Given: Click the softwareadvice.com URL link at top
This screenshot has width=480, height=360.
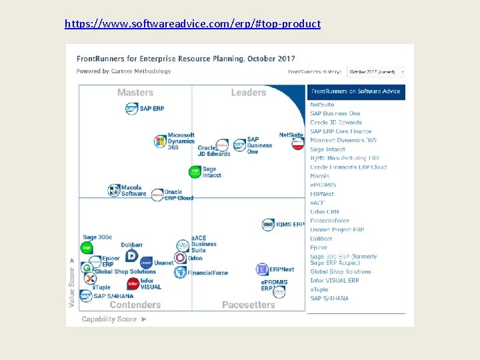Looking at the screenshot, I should [x=193, y=24].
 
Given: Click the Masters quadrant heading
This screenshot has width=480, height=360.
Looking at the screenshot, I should [x=135, y=93].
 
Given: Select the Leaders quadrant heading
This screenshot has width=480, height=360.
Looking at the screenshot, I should [x=249, y=93].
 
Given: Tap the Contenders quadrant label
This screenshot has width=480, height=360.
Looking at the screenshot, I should [x=135, y=305].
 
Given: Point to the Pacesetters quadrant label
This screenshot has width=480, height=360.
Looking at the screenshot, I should [x=248, y=305].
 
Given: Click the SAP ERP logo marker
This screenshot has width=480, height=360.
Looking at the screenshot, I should [x=132, y=109].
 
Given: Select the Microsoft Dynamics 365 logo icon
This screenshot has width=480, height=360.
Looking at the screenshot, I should [x=160, y=141].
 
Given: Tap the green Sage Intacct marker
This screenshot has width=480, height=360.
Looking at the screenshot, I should [x=195, y=172].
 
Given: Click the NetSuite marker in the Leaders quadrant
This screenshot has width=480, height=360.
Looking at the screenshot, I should [x=297, y=144].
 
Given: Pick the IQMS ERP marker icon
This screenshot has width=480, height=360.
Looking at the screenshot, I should [x=268, y=225].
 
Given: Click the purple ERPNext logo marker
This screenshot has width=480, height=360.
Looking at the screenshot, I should [x=262, y=269].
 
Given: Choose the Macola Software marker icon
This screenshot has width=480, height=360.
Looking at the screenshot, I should [x=114, y=191].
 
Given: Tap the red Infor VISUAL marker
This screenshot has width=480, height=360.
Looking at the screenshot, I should [x=132, y=283].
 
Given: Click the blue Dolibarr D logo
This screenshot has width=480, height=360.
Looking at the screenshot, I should [x=131, y=255].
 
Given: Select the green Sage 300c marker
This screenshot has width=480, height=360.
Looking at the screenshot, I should [x=87, y=248].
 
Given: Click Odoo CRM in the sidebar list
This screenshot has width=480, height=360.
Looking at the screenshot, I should [x=325, y=212].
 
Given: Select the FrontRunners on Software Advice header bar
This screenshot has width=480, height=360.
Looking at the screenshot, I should [x=356, y=91].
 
